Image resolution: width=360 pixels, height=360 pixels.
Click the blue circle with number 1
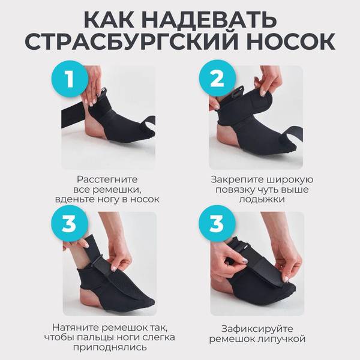(x=70, y=79)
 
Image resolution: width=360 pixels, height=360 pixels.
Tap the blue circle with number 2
(x=217, y=79)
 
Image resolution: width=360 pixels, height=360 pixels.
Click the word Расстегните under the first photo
(x=107, y=179)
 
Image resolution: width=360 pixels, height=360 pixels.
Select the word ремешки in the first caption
(x=117, y=190)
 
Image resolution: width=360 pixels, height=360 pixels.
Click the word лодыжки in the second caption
(x=262, y=199)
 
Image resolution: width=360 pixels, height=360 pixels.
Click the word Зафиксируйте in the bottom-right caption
(x=257, y=329)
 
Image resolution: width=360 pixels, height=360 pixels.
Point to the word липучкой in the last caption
(x=282, y=339)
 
